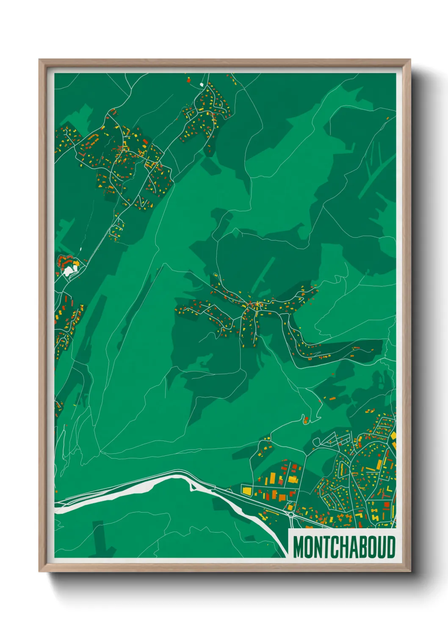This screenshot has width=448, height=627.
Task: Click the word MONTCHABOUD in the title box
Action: click(x=344, y=547)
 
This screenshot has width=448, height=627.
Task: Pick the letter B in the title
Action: click(x=362, y=547)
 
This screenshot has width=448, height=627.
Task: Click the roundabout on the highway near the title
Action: click(x=291, y=514)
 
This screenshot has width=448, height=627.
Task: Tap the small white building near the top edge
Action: click(x=202, y=84)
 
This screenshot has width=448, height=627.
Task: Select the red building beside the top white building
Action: click(x=189, y=79)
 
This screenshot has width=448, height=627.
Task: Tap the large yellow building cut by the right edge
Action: click(x=393, y=435)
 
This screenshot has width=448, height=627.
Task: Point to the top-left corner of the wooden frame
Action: click(x=40, y=60)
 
